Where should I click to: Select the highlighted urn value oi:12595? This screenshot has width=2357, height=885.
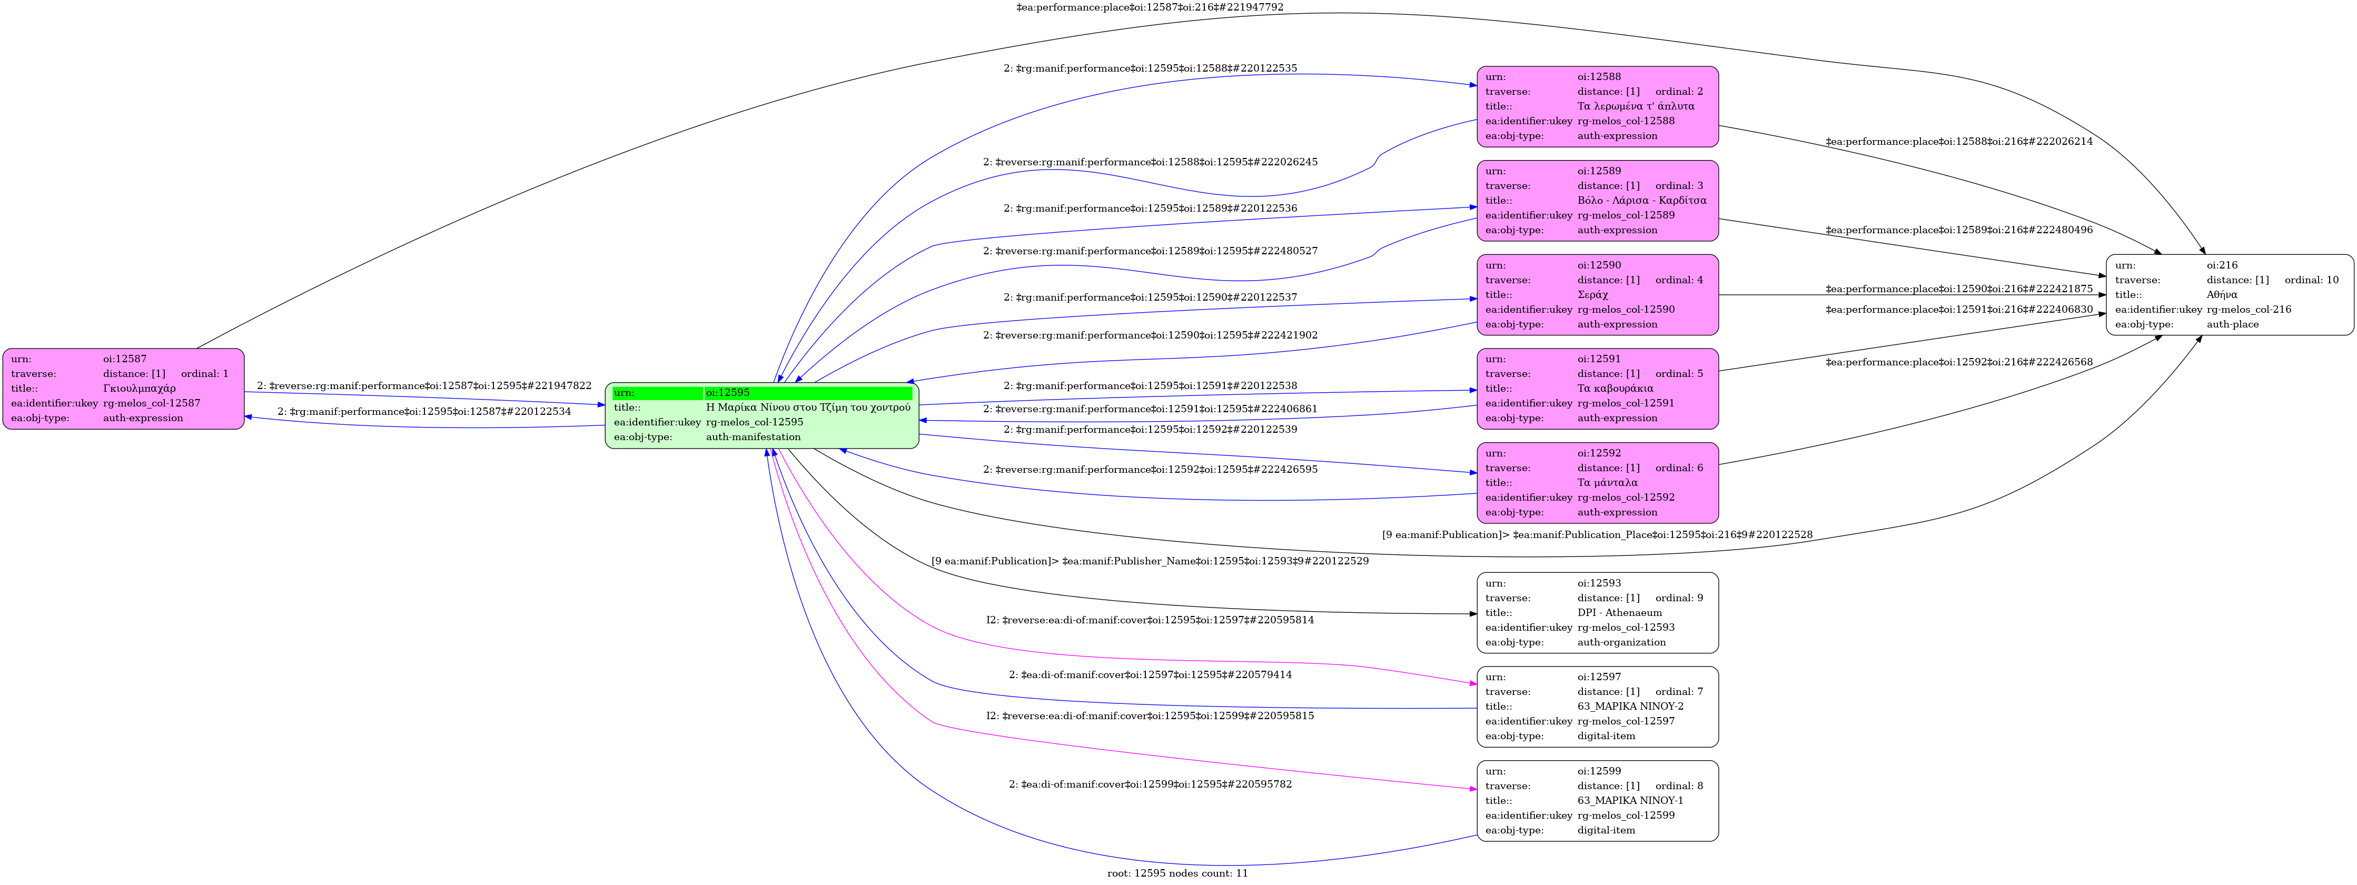pyautogui.click(x=727, y=393)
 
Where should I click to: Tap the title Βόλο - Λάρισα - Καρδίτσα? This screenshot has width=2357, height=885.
pyautogui.click(x=1641, y=201)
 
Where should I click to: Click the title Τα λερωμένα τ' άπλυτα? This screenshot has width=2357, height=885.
pyautogui.click(x=1635, y=106)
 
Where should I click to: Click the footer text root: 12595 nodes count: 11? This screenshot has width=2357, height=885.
pyautogui.click(x=1177, y=873)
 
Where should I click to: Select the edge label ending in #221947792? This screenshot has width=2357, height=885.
pyautogui.click(x=1149, y=7)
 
